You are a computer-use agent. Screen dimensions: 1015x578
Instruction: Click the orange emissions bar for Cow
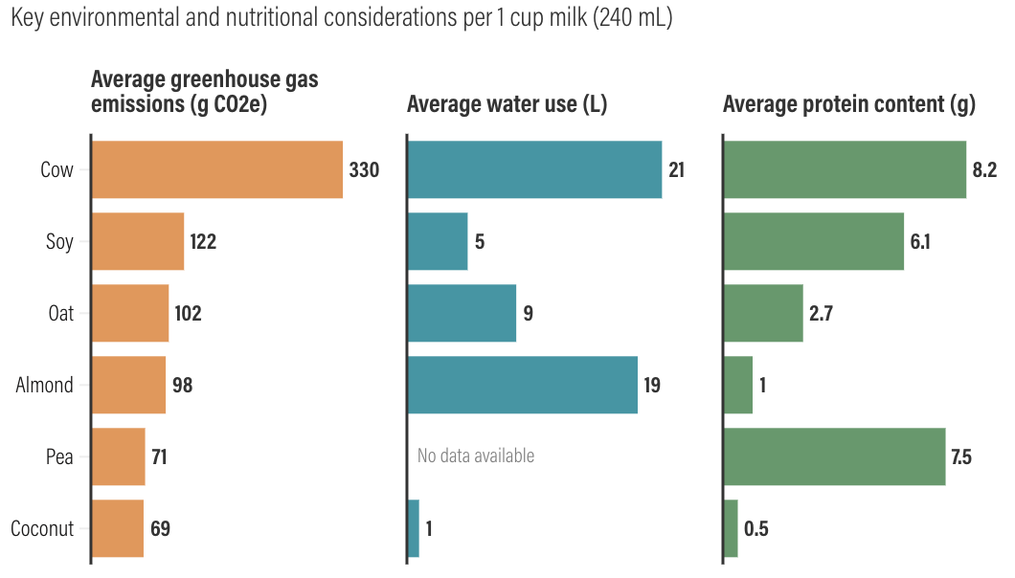pos(217,169)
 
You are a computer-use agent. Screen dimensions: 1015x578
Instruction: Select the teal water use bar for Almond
pos(523,385)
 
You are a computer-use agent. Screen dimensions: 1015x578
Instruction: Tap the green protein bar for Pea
pos(835,456)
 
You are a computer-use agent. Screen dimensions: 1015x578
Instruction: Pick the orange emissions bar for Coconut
pos(118,528)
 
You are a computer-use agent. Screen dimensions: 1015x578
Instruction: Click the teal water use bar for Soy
pos(438,241)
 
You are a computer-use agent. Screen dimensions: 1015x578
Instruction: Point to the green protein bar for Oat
pos(764,313)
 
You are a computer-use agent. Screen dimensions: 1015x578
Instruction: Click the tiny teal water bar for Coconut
pos(414,528)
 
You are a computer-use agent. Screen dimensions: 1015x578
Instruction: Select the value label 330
pos(365,169)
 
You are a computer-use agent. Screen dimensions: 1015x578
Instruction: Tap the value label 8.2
pos(984,169)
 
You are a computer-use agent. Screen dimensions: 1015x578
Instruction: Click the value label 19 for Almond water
pos(652,385)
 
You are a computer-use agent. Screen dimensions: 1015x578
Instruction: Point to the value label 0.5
pos(756,529)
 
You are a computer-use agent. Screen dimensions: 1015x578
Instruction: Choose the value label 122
pos(203,241)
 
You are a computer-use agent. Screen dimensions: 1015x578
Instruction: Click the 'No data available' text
pos(476,456)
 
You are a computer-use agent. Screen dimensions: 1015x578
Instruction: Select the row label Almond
pos(45,385)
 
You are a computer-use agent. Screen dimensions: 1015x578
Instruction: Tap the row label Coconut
pos(42,529)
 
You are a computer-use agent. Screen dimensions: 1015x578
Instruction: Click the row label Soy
pos(59,242)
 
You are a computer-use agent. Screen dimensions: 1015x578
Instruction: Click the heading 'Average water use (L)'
pos(507,104)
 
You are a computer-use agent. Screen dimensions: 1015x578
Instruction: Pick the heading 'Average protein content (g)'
pos(849,104)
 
